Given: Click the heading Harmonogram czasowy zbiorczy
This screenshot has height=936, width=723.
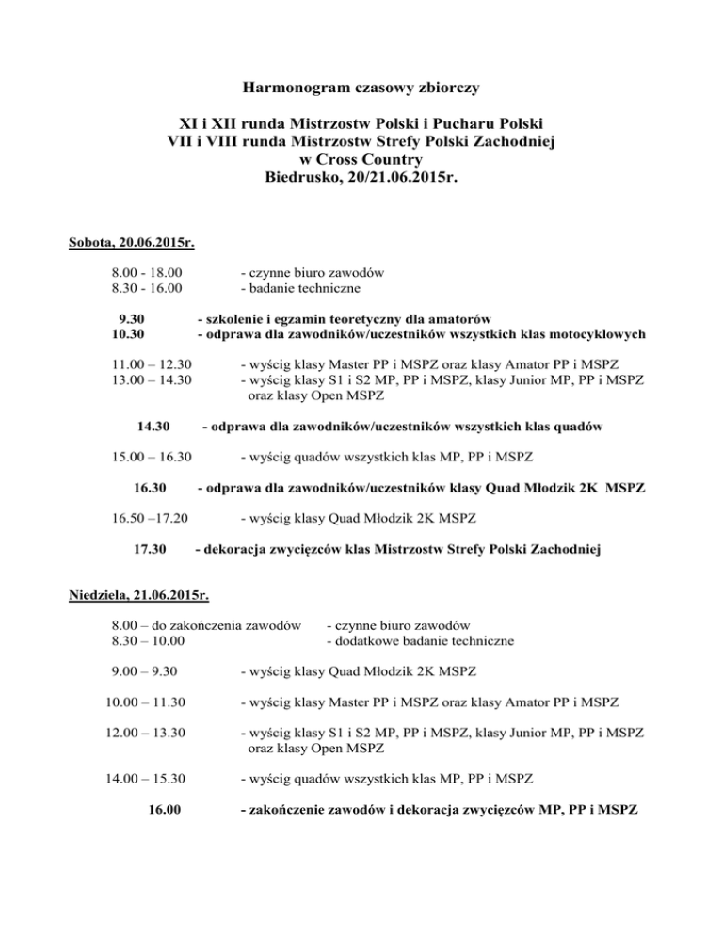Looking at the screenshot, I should tap(361, 89).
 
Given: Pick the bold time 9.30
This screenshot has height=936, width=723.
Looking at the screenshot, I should tap(137, 318).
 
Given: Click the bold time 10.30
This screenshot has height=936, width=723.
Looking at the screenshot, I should tap(137, 333).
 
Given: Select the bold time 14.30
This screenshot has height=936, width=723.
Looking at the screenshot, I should tap(153, 427).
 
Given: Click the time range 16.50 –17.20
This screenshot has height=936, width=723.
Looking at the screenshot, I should tap(150, 518).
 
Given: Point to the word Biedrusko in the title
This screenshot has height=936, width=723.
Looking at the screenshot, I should tap(305, 176).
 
